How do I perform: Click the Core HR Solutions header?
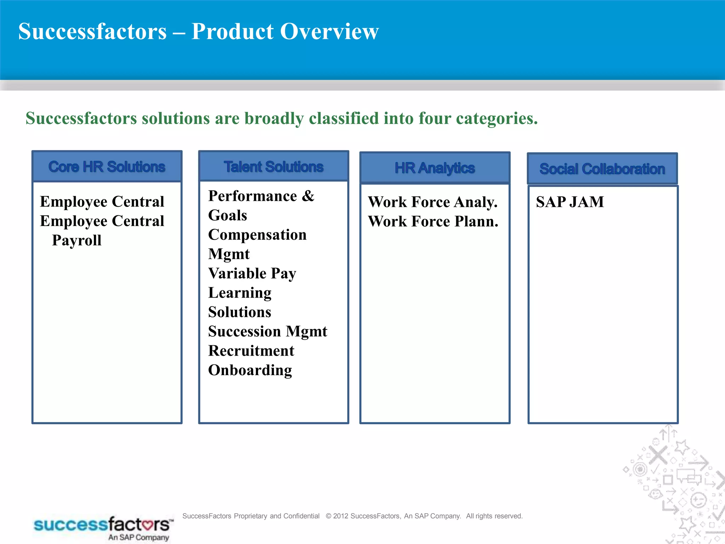(107, 166)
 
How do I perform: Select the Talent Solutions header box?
(274, 166)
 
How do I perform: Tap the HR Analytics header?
(435, 168)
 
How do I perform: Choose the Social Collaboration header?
(602, 169)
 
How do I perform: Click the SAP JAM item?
(570, 202)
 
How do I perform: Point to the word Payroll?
(77, 240)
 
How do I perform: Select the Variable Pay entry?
(252, 273)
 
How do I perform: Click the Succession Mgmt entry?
(268, 331)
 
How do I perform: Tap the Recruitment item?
(251, 351)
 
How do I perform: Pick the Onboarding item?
(250, 370)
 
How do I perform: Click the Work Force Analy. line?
(433, 202)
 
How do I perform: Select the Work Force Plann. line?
(433, 221)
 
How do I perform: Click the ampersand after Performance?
(308, 196)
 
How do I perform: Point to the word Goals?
(228, 215)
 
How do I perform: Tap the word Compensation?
(257, 235)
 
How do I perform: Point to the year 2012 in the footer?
(341, 516)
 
